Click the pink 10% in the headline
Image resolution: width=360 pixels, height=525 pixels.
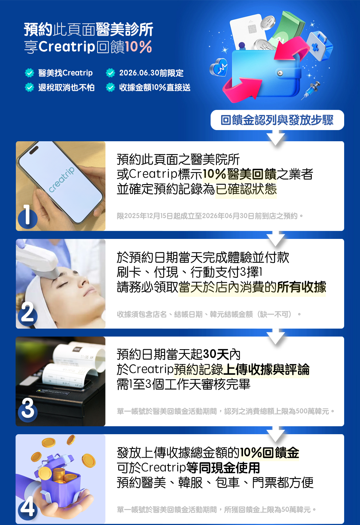(x=138, y=47)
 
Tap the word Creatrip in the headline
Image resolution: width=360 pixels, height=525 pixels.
(x=67, y=47)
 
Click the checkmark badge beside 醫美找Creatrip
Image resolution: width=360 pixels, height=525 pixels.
(x=30, y=73)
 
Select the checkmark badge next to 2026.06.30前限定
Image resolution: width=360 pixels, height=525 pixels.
(x=110, y=73)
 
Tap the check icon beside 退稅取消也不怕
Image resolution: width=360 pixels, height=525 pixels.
(x=30, y=87)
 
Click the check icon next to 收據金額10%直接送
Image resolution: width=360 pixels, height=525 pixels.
(x=110, y=87)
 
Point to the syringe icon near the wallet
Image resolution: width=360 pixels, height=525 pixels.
(x=311, y=90)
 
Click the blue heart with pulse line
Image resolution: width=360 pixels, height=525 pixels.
(x=218, y=67)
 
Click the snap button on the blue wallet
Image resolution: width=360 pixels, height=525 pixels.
(x=280, y=74)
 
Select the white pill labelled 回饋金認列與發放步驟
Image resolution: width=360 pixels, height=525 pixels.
(x=277, y=120)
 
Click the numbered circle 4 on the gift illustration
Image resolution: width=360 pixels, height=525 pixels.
(x=28, y=508)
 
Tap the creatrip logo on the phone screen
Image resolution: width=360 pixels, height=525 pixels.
(x=61, y=180)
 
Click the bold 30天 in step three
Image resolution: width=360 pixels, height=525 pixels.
(x=216, y=354)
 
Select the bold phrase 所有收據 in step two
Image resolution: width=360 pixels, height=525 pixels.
(x=301, y=287)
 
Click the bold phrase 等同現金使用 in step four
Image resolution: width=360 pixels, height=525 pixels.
(x=223, y=468)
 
